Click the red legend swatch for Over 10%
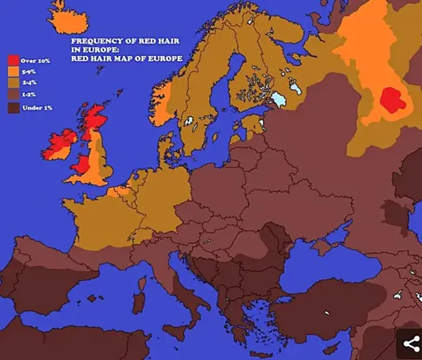(12, 60)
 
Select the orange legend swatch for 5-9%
(12, 72)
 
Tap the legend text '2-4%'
(30, 84)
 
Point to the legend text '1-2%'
(30, 96)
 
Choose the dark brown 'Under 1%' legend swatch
(12, 108)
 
